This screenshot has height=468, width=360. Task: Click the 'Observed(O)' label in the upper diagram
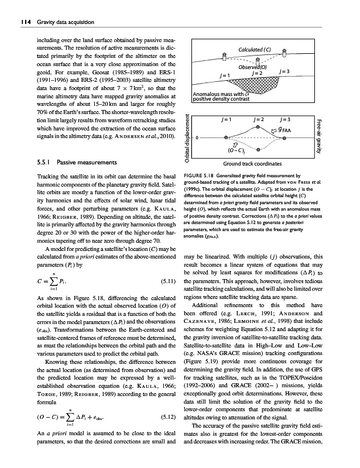click(x=256, y=66)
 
